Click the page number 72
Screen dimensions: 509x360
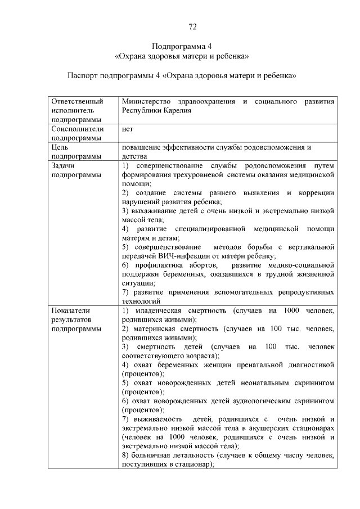point(191,26)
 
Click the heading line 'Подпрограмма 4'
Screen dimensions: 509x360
point(180,46)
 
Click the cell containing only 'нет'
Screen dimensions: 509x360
point(127,129)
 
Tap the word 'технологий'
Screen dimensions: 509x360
point(142,301)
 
